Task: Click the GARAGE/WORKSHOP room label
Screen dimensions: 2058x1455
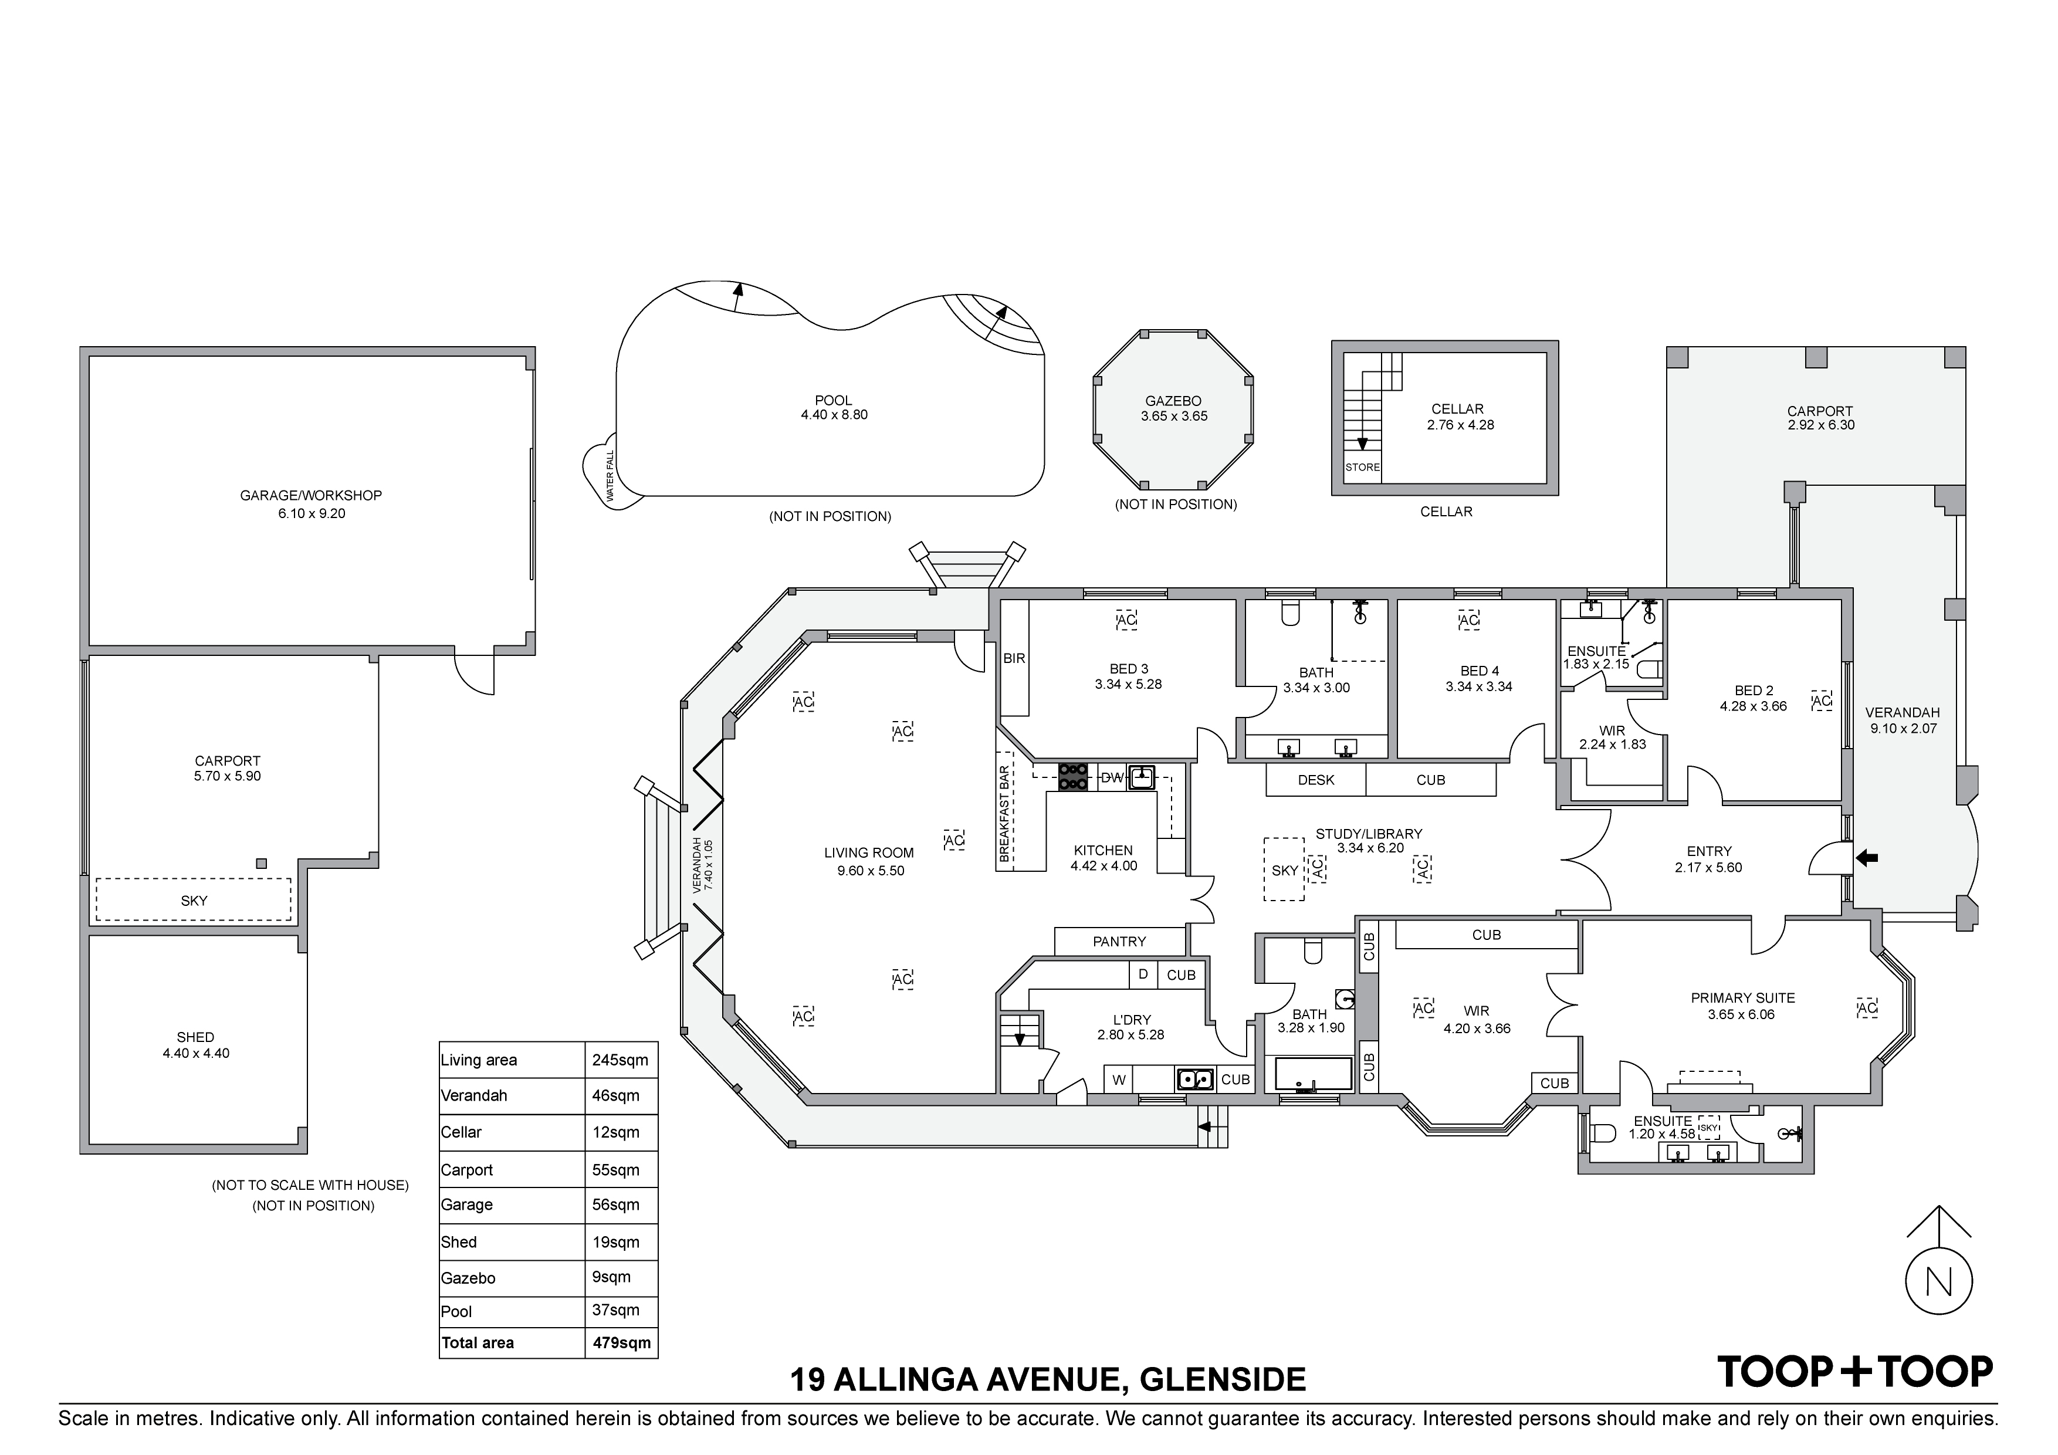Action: click(x=310, y=495)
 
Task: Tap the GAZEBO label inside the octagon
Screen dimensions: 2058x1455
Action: click(x=1173, y=402)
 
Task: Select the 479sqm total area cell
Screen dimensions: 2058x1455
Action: click(x=621, y=1343)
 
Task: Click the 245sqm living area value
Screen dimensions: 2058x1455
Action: click(x=620, y=1060)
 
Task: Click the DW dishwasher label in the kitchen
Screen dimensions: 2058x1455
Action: click(x=1112, y=777)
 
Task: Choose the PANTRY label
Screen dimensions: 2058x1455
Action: click(x=1119, y=941)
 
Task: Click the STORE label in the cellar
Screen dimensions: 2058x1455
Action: click(x=1362, y=467)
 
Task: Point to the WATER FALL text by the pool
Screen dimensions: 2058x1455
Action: click(x=610, y=476)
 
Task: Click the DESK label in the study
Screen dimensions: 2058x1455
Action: click(x=1316, y=780)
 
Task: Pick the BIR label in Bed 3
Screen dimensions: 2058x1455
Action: click(x=1014, y=658)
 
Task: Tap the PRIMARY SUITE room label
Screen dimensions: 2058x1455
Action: click(x=1742, y=998)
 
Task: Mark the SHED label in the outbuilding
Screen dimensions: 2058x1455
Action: click(x=195, y=1037)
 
